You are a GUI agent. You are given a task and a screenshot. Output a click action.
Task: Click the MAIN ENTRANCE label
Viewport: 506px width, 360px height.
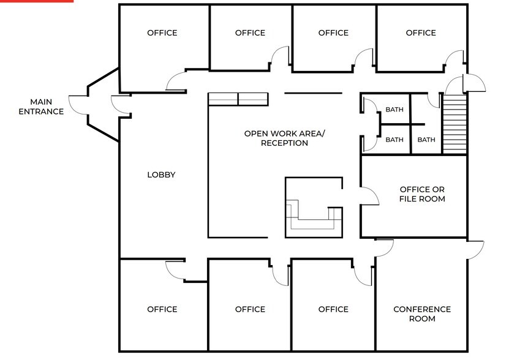pos(41,107)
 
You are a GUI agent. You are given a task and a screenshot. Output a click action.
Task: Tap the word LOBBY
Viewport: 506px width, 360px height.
pos(161,175)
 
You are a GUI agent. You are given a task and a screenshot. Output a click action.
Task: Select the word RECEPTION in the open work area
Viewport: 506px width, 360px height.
pos(284,143)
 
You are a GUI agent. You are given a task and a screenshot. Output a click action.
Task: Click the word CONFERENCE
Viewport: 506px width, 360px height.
pos(422,309)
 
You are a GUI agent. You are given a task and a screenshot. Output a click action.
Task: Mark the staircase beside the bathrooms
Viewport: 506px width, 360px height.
pos(455,124)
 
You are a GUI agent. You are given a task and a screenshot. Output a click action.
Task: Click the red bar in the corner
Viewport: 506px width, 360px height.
pos(37,1)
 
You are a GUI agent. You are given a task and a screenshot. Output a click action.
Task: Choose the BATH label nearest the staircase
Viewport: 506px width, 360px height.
pos(426,140)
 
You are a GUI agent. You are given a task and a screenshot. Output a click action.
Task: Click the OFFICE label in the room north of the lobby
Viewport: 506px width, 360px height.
pos(162,33)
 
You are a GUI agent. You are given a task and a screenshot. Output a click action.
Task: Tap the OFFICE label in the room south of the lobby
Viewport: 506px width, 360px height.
pos(162,309)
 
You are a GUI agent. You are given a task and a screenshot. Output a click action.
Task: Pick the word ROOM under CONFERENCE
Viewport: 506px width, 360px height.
pos(422,319)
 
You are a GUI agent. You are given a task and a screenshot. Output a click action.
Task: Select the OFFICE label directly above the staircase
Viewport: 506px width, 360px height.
pos(421,33)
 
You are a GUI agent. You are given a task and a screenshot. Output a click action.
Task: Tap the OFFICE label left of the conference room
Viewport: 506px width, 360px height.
pos(333,309)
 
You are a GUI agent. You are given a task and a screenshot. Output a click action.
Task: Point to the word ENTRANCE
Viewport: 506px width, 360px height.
pos(41,111)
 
